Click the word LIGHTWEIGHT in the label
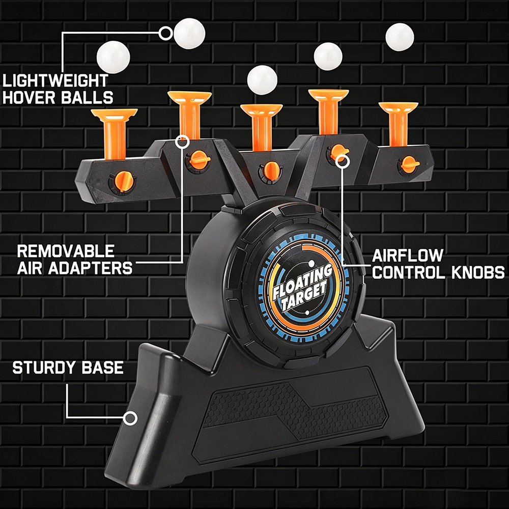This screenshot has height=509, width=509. pos(55,81)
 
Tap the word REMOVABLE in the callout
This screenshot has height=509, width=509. pos(66,251)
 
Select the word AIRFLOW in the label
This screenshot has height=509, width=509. pos(407,256)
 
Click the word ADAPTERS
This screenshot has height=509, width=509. pos(90,268)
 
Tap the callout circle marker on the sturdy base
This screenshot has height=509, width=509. pos(130,418)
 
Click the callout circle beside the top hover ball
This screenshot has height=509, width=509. pos(166,33)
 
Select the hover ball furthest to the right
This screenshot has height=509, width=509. pos(400,37)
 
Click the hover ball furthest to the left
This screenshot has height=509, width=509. pos(114,58)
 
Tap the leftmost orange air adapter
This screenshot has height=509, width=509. pos(114,133)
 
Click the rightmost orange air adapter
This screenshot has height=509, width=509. pos(399,124)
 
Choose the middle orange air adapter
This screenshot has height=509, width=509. pos(262,127)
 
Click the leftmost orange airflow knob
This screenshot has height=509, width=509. pos(122,182)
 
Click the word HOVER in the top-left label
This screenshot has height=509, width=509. pos(29,97)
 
